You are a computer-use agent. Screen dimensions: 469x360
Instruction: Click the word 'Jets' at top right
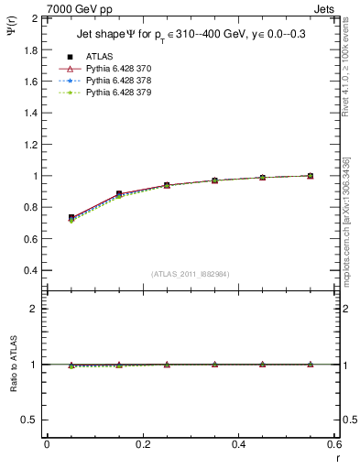pyautogui.click(x=325, y=8)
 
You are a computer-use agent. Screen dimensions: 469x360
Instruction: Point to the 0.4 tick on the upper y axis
pyautogui.click(x=30, y=271)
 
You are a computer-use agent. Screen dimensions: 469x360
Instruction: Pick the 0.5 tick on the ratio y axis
pyautogui.click(x=29, y=420)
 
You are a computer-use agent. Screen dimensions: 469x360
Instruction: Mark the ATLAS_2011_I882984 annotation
pyautogui.click(x=191, y=274)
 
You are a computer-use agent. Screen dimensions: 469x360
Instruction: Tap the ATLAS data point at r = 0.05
pyautogui.click(x=71, y=218)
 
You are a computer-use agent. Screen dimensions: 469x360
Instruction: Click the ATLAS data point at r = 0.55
pyautogui.click(x=310, y=176)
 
